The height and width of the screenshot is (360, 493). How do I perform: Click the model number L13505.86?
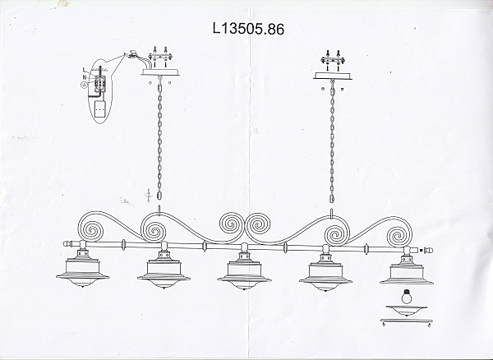coord(248,27)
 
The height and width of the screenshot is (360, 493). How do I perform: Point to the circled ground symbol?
coord(84,85)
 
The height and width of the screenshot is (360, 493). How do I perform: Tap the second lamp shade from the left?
coord(163,274)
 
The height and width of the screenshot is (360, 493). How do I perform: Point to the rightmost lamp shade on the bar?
coord(405,274)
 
